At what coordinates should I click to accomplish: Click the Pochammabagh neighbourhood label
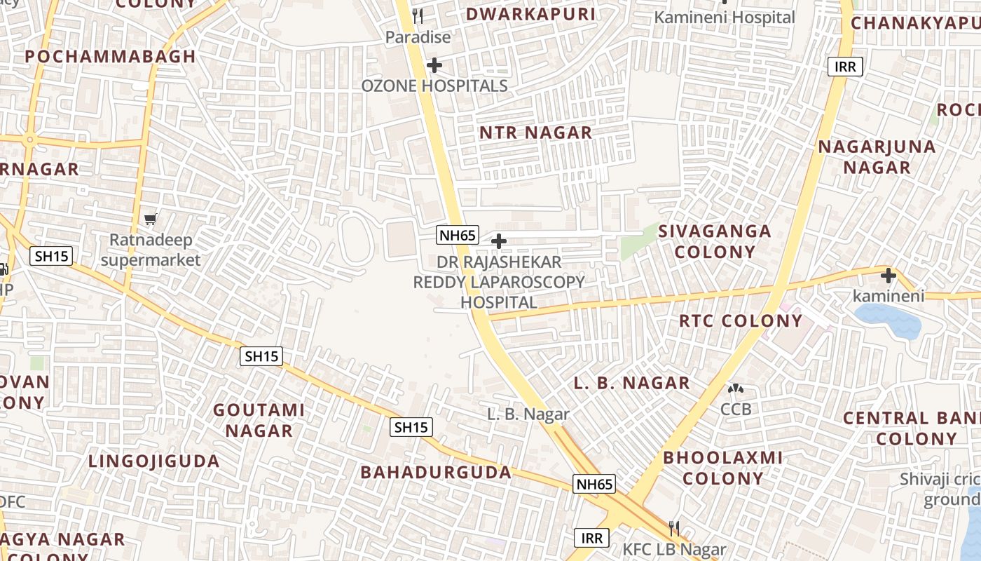111,57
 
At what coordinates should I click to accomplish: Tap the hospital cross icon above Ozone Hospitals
434,65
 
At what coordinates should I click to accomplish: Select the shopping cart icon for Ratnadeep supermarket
150,219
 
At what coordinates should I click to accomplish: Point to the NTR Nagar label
536,133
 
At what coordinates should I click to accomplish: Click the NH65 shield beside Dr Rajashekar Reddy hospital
458,235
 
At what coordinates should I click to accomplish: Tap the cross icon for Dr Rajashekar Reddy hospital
499,242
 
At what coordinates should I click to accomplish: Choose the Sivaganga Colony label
715,241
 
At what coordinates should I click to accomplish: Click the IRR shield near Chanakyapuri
845,67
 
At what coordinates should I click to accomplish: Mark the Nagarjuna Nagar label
877,157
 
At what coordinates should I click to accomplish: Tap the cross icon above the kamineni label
889,276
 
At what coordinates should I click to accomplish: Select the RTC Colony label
741,321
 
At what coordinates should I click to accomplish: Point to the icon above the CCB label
736,388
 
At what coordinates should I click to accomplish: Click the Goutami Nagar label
259,420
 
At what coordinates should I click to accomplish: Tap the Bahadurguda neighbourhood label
436,473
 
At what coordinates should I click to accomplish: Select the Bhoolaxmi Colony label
723,468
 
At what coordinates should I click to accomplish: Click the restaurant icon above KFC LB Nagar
674,528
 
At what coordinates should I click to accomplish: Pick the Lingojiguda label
154,461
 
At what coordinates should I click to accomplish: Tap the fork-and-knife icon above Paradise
418,15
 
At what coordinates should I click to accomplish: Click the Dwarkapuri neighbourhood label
530,14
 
